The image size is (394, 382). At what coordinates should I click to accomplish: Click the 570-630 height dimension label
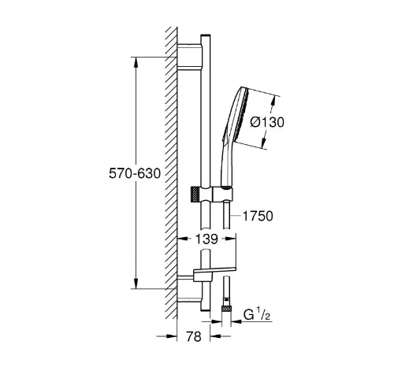click(x=135, y=173)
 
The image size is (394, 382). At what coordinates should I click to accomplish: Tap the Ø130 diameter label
click(x=267, y=122)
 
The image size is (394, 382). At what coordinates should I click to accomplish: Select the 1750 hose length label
click(x=258, y=216)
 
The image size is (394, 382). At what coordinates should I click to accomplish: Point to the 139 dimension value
click(x=206, y=239)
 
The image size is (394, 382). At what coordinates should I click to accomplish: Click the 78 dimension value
click(x=194, y=336)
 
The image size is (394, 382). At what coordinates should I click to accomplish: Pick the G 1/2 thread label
click(x=257, y=315)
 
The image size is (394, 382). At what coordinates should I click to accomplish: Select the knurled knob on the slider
click(x=194, y=195)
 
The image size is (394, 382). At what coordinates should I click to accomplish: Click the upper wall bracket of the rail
click(x=190, y=57)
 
